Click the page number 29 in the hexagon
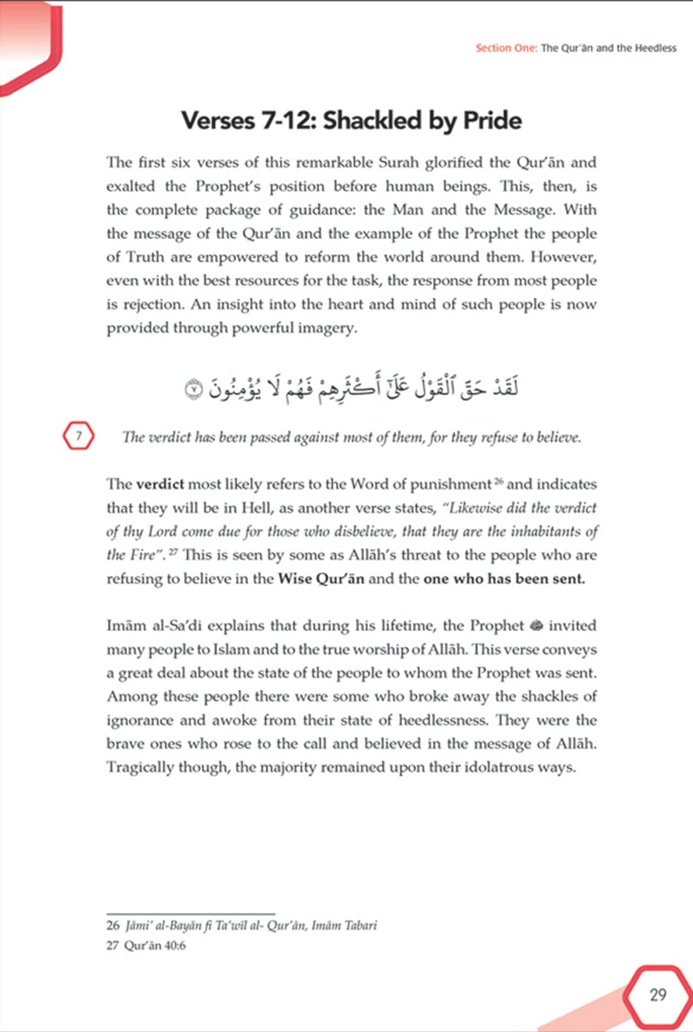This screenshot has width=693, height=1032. click(x=657, y=994)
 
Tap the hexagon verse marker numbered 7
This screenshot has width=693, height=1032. click(x=77, y=436)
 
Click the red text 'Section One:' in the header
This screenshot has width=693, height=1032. click(x=506, y=48)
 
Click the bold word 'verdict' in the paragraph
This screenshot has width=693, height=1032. click(x=160, y=485)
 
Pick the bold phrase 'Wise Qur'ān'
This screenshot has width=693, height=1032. click(x=322, y=579)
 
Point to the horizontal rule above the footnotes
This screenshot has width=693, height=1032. click(x=190, y=913)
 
